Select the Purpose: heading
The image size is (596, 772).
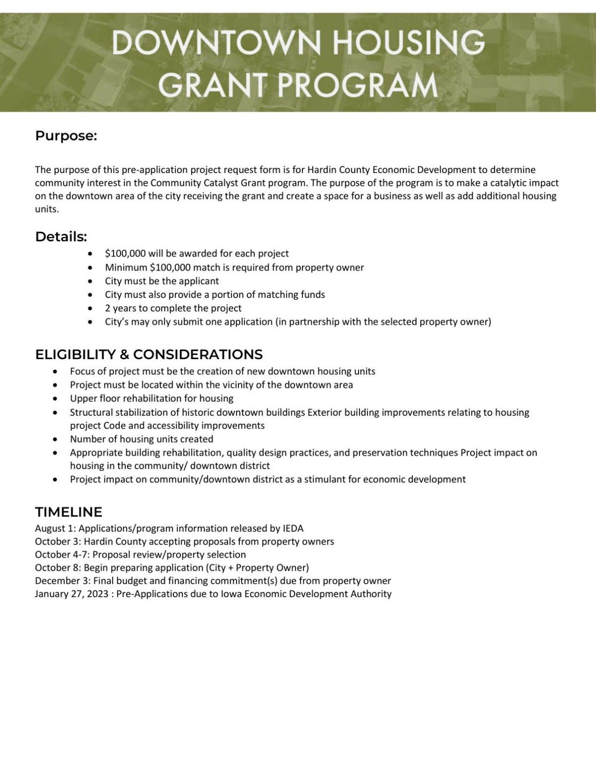tap(66, 136)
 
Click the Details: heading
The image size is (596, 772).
tap(61, 237)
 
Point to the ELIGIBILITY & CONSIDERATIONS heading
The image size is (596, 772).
tap(149, 354)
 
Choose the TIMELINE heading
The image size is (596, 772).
tap(69, 512)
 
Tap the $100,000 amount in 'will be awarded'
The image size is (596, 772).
tap(125, 253)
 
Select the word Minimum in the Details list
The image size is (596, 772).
tap(126, 267)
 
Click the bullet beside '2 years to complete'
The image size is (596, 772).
tap(89, 309)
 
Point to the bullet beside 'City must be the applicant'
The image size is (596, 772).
tap(89, 281)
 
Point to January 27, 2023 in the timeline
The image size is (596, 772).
tap(72, 594)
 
